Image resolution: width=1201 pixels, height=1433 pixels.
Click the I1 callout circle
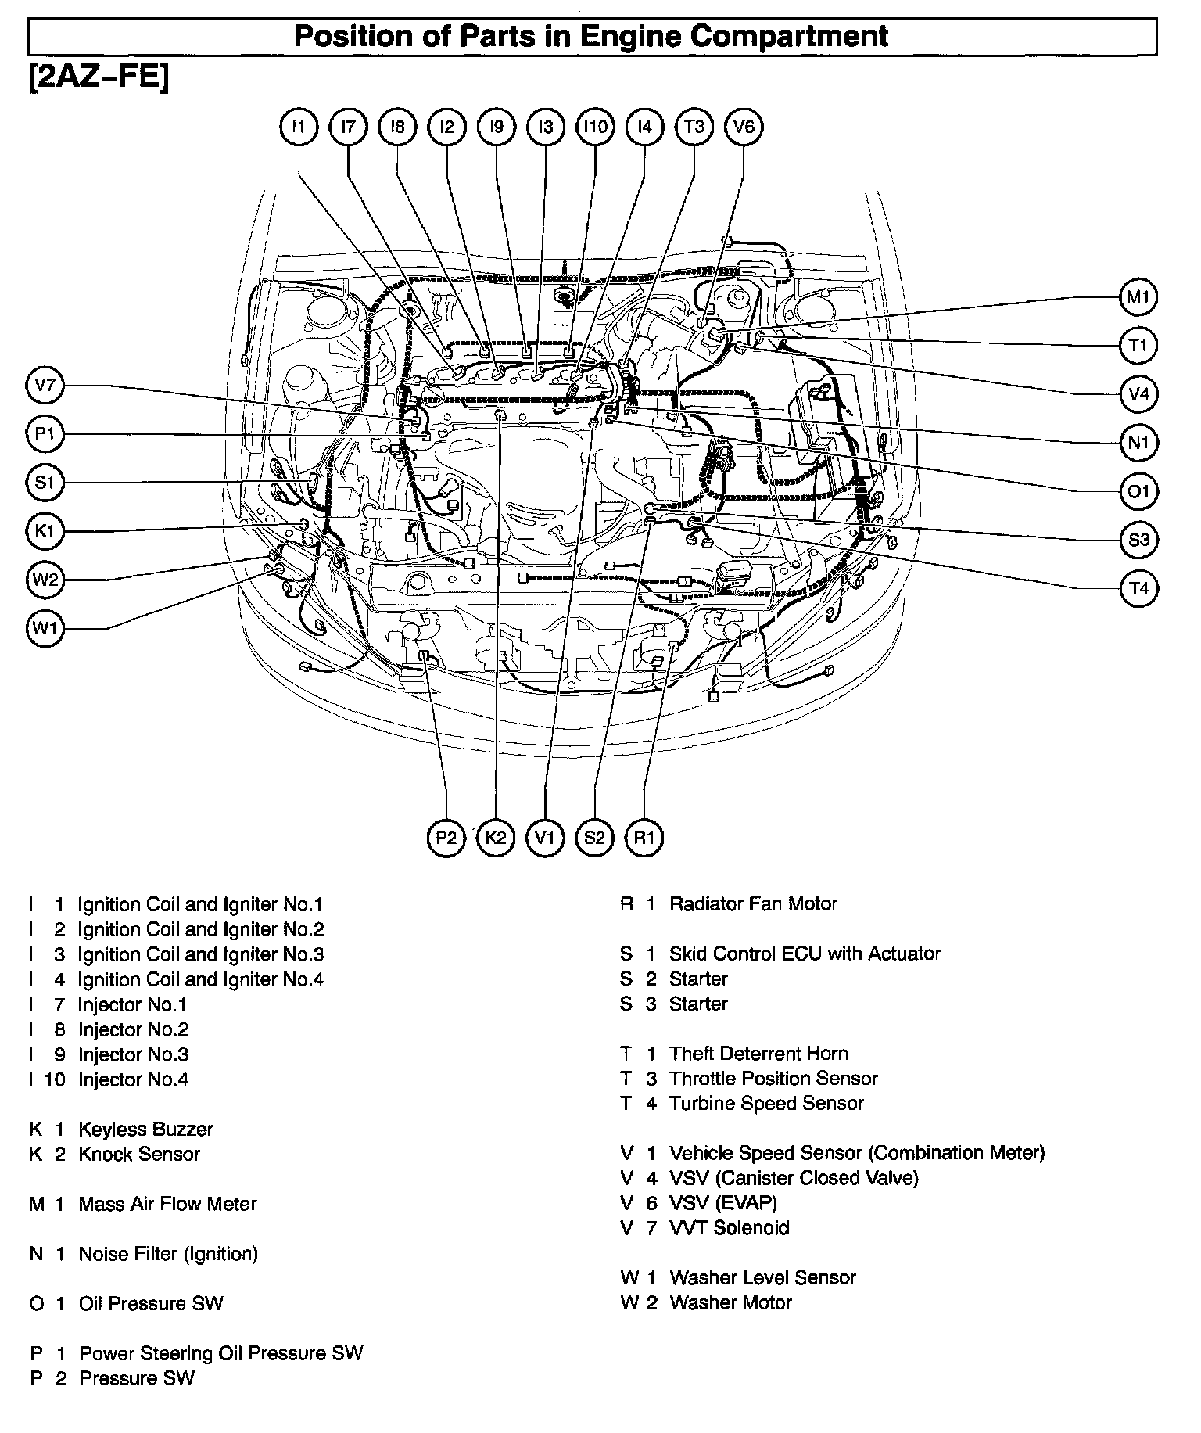click(299, 127)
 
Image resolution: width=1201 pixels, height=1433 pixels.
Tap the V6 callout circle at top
click(744, 127)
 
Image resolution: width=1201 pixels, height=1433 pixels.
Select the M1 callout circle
click(1138, 297)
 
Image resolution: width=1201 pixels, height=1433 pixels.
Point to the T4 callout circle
click(1138, 588)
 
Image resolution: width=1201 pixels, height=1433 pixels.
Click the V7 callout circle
click(45, 385)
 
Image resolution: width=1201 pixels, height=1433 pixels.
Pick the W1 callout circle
click(45, 628)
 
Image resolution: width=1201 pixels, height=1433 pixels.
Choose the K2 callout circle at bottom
click(496, 839)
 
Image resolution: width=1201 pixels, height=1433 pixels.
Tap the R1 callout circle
click(644, 839)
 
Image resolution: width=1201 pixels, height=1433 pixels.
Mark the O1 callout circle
click(1138, 491)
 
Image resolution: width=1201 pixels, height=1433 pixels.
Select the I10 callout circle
click(595, 127)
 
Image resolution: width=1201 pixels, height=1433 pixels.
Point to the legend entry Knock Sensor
click(139, 1154)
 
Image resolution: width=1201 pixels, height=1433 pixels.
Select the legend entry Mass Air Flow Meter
click(167, 1204)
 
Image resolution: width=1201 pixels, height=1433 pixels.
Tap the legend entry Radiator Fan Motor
click(753, 904)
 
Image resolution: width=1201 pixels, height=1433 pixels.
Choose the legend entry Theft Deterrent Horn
click(758, 1054)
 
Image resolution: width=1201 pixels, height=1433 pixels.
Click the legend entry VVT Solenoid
click(730, 1228)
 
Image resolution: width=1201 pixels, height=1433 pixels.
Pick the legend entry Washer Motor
click(730, 1302)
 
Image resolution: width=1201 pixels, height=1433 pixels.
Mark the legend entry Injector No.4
click(133, 1079)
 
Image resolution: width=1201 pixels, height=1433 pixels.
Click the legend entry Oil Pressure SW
click(151, 1304)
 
